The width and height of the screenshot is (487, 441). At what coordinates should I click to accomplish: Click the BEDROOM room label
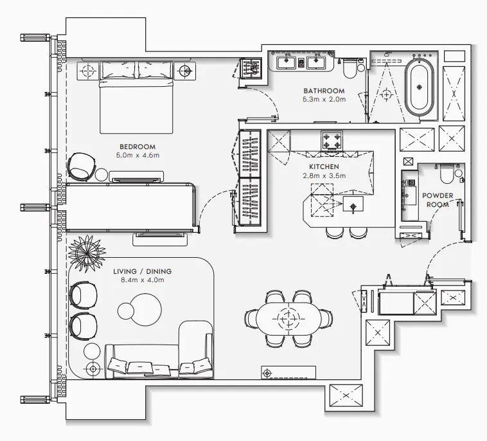pyautogui.click(x=137, y=147)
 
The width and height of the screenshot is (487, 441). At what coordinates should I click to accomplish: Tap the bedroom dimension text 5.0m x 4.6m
pyautogui.click(x=137, y=156)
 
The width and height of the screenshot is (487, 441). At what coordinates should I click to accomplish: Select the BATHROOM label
pyautogui.click(x=324, y=91)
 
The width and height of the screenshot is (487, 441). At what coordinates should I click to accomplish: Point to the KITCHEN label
pyautogui.click(x=324, y=166)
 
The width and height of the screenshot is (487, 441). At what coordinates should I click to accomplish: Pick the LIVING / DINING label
pyautogui.click(x=142, y=271)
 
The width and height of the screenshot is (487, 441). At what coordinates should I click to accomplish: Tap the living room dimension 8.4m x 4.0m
pyautogui.click(x=142, y=280)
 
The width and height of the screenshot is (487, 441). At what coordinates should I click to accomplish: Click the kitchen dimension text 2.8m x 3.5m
pyautogui.click(x=324, y=175)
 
